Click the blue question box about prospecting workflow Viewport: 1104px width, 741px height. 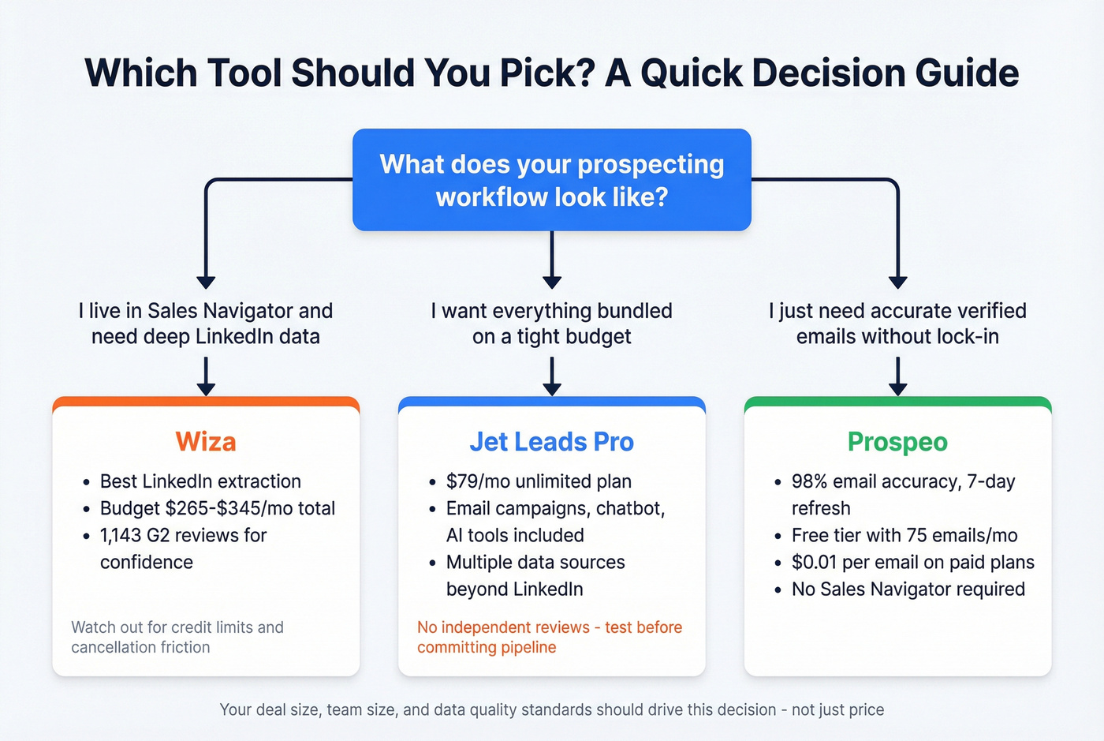(551, 180)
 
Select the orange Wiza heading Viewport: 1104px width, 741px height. (206, 442)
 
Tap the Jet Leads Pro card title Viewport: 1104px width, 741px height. (551, 442)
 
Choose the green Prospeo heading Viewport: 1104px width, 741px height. (897, 442)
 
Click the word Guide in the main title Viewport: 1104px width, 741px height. (967, 73)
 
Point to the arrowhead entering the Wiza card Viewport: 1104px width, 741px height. (206, 388)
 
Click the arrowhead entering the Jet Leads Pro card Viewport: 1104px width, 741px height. (552, 388)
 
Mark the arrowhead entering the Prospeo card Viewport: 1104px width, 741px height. (897, 388)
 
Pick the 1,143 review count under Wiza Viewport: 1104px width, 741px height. (120, 536)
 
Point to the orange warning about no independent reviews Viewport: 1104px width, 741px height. (549, 637)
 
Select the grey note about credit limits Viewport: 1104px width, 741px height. (177, 637)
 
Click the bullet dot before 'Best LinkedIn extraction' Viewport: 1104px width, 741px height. (86, 482)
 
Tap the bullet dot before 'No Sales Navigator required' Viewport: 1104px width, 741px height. (778, 590)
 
